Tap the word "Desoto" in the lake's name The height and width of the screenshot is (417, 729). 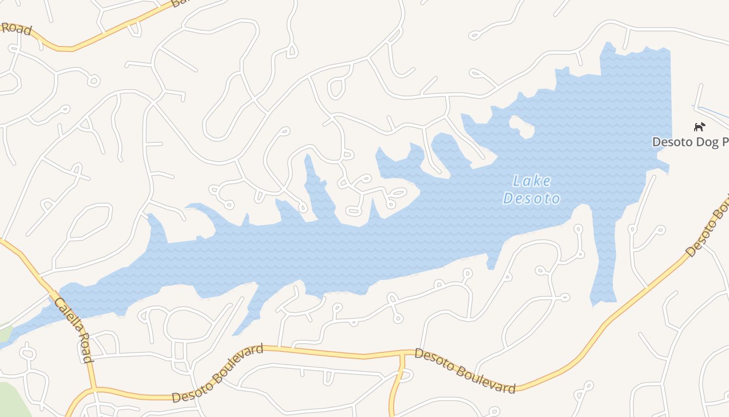(x=532, y=199)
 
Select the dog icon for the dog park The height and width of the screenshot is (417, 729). (x=699, y=127)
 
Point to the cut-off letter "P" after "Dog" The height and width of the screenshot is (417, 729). (x=724, y=142)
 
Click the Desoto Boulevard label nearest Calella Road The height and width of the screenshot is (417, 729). (x=218, y=373)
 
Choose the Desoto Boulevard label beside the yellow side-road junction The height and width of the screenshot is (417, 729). (x=464, y=371)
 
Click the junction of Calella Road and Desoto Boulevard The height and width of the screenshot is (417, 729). (x=95, y=388)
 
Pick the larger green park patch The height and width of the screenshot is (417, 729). (x=13, y=401)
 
